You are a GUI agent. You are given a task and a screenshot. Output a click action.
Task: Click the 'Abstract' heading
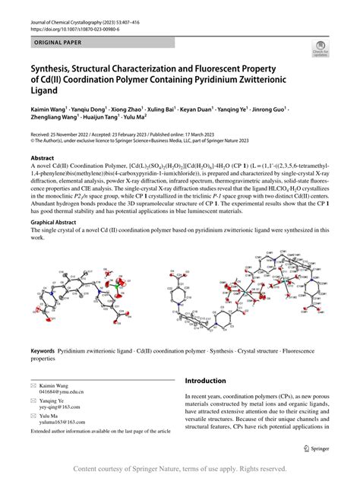pos(43,157)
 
